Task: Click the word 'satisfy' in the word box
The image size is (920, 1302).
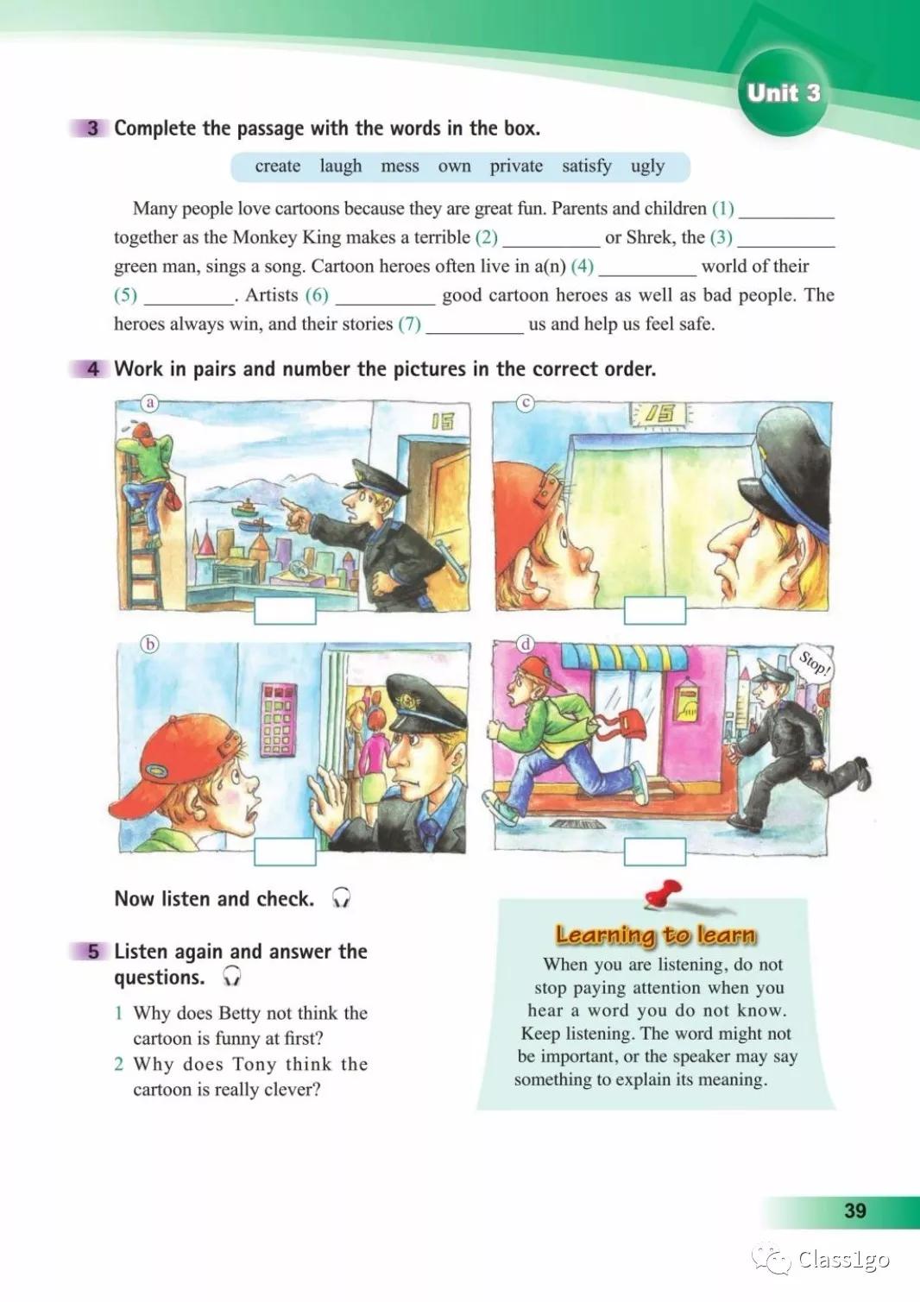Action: tap(586, 167)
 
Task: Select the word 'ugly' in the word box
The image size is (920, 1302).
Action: tap(647, 167)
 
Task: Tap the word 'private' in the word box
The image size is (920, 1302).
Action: tap(516, 167)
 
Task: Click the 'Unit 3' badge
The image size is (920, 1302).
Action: tap(783, 93)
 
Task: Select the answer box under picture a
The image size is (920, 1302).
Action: tap(285, 610)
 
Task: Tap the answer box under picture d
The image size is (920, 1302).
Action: tap(655, 852)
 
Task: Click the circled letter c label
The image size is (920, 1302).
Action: tap(525, 403)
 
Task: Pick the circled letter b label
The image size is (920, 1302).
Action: tap(150, 644)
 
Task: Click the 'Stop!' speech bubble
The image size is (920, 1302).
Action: tap(814, 663)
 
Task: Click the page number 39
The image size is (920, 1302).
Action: tap(855, 1211)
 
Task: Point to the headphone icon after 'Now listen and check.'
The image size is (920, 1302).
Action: tap(342, 898)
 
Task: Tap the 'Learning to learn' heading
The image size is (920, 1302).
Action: tap(655, 934)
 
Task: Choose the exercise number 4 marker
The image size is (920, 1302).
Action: tap(93, 369)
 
